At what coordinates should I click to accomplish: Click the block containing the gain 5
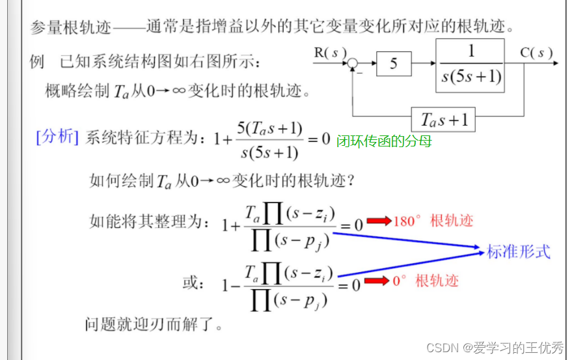(x=393, y=64)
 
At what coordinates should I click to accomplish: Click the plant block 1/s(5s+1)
(x=471, y=64)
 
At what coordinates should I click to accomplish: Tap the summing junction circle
(x=352, y=64)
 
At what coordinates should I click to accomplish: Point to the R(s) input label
(x=331, y=51)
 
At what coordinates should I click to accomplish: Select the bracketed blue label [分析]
(x=58, y=137)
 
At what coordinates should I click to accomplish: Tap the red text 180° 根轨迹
(x=433, y=221)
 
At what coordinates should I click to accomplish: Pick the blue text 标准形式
(x=519, y=251)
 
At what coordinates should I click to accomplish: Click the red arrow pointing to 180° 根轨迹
(x=378, y=221)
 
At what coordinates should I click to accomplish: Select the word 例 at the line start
(x=37, y=62)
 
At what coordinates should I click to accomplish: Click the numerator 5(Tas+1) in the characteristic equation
(x=270, y=128)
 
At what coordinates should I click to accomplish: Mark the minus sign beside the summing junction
(x=360, y=74)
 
